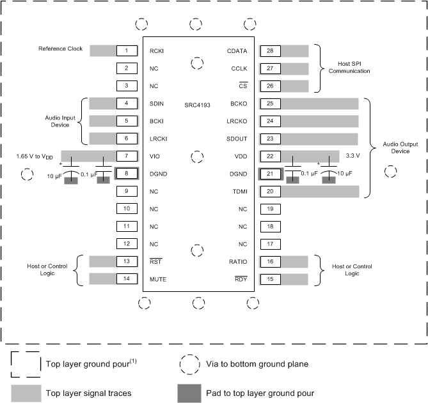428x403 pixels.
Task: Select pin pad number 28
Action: click(x=270, y=50)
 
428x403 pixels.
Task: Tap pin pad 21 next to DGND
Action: click(x=270, y=173)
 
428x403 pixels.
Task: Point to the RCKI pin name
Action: click(x=157, y=50)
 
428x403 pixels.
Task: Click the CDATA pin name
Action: click(x=237, y=50)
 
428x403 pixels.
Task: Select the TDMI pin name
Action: click(x=239, y=191)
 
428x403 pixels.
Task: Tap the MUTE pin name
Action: click(x=157, y=278)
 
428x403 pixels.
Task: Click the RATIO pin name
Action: click(x=238, y=261)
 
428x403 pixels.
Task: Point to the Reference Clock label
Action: click(x=60, y=49)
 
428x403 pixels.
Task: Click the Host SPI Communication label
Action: click(x=349, y=68)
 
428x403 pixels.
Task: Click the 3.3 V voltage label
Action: click(x=352, y=155)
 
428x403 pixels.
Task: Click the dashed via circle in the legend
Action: click(x=191, y=363)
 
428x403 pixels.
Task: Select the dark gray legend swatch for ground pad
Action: click(x=191, y=393)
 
